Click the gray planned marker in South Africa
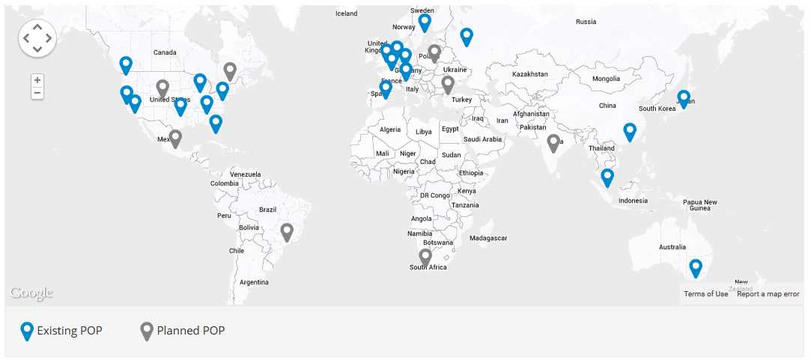pyautogui.click(x=425, y=257)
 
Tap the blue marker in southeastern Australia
pyautogui.click(x=696, y=267)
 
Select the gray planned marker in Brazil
pyautogui.click(x=287, y=231)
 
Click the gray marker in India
pyautogui.click(x=553, y=142)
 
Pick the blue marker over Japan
pyautogui.click(x=684, y=98)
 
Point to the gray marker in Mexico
pyautogui.click(x=175, y=138)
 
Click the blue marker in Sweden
pyautogui.click(x=425, y=22)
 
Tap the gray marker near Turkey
pyautogui.click(x=448, y=84)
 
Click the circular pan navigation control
pyautogui.click(x=37, y=37)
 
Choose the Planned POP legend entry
pyautogui.click(x=183, y=331)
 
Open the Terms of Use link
pyautogui.click(x=705, y=294)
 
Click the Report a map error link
pyautogui.click(x=768, y=294)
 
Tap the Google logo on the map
pyautogui.click(x=31, y=293)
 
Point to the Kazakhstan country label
pyautogui.click(x=531, y=75)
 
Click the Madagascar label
pyautogui.click(x=488, y=238)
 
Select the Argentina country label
pyautogui.click(x=254, y=282)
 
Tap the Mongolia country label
pyautogui.click(x=606, y=79)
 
